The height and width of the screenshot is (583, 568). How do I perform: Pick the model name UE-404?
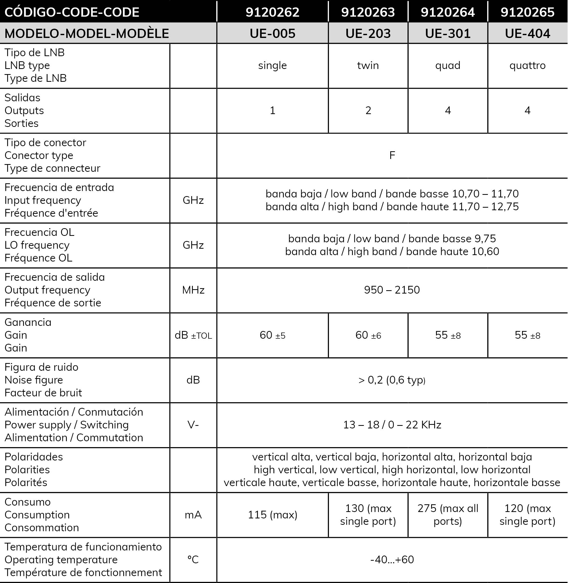point(527,33)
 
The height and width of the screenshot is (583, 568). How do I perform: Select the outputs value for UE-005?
point(272,110)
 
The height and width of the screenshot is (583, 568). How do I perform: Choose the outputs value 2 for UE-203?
point(368,110)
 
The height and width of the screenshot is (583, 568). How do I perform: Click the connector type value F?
point(392,155)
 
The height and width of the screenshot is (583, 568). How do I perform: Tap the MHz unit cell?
point(193,290)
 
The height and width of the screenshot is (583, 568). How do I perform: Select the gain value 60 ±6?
point(368,335)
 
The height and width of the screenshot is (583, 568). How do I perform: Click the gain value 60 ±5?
point(272,335)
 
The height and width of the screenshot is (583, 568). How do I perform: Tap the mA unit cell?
point(193,515)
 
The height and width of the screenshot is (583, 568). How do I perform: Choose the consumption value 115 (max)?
point(272,515)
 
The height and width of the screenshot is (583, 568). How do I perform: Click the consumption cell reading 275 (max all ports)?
point(448,515)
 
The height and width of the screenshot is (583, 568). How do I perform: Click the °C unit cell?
point(193,560)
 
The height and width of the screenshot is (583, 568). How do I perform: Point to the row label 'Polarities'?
point(27,470)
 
